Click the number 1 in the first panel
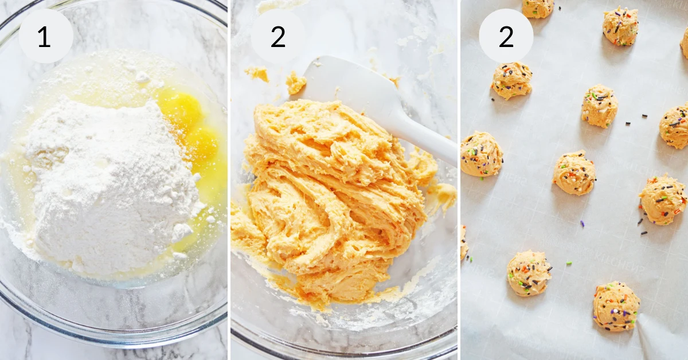pyautogui.click(x=45, y=37)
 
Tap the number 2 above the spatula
pyautogui.click(x=278, y=37)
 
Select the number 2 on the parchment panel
pyautogui.click(x=506, y=37)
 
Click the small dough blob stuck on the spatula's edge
pyautogui.click(x=296, y=83)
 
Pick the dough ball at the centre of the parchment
pyautogui.click(x=574, y=174)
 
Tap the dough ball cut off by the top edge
pyautogui.click(x=538, y=7)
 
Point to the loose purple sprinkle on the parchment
pyautogui.click(x=582, y=224)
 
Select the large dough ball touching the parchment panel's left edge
pyautogui.click(x=480, y=154)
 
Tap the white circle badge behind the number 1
pyautogui.click(x=46, y=36)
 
